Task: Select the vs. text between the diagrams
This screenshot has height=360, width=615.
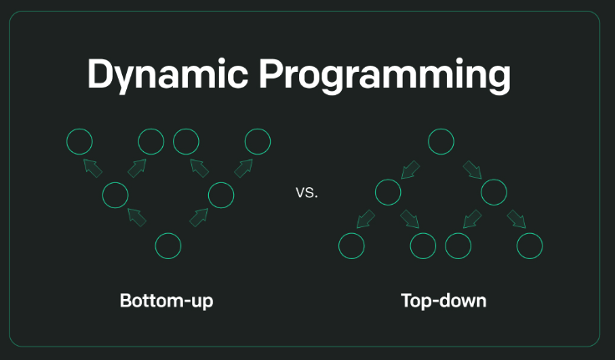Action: (x=307, y=193)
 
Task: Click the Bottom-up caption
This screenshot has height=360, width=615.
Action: (x=166, y=300)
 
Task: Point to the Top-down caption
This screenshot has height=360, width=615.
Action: (x=444, y=300)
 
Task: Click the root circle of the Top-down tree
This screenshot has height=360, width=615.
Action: (x=441, y=141)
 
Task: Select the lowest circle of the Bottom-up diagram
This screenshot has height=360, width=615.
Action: (x=168, y=246)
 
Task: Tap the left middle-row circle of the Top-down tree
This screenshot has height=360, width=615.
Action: (x=388, y=193)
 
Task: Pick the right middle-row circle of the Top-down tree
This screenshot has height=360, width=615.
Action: (x=494, y=193)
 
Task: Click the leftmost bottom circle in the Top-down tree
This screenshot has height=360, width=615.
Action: (x=351, y=246)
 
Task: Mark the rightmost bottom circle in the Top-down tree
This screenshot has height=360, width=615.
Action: (x=530, y=246)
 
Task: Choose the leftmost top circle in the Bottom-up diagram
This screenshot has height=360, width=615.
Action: (x=79, y=141)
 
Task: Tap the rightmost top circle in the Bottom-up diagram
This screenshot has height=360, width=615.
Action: (x=257, y=141)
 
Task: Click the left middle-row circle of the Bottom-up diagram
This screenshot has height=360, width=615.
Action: (x=114, y=195)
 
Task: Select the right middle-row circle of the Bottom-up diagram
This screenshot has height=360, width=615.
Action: (x=221, y=195)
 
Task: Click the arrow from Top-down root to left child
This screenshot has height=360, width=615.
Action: (x=410, y=170)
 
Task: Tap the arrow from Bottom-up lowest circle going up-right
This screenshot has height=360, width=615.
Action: (x=199, y=218)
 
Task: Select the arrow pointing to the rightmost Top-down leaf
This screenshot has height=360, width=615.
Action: (x=516, y=220)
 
